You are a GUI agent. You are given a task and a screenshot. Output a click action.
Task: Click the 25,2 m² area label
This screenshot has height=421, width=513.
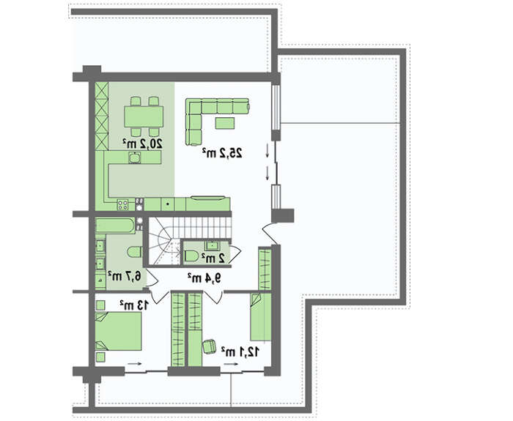coord(222,152)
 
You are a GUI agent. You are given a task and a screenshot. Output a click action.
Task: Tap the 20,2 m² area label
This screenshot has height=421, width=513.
coord(142,144)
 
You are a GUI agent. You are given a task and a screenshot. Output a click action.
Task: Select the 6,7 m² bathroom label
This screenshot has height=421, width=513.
coord(125,276)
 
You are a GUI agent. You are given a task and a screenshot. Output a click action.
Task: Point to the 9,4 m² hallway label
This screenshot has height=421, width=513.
coord(204,278)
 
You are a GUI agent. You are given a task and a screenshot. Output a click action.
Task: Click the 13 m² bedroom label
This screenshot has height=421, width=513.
coord(134,305)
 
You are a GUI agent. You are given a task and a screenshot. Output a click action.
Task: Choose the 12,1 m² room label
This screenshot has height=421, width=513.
coord(240,352)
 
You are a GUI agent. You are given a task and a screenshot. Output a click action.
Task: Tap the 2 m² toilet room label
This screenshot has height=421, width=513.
coord(213,258)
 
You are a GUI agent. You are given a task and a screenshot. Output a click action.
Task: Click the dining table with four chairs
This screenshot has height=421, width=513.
coord(144,116)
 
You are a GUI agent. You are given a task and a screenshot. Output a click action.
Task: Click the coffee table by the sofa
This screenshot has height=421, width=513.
coord(225,123)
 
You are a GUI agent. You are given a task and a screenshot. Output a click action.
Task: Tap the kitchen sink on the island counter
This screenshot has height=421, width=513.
coord(135,158)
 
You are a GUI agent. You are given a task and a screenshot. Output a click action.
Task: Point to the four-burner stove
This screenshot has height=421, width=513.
coord(122,204)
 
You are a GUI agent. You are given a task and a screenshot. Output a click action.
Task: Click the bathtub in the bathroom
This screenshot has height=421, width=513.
coord(115,226)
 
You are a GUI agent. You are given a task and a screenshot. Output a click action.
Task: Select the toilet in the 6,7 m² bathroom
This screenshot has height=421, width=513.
coord(134,253)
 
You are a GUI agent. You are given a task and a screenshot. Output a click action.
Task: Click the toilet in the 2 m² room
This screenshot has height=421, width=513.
coord(191,256)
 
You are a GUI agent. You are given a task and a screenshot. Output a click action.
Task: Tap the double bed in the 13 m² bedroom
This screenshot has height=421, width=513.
coord(118,332)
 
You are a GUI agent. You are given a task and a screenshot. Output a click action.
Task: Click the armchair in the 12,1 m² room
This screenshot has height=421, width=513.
coord(210,346)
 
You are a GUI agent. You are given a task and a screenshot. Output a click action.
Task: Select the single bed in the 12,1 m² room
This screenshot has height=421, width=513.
coord(261,317)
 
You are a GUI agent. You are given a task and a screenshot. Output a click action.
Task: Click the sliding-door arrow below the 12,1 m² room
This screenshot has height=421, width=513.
coord(231,364)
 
